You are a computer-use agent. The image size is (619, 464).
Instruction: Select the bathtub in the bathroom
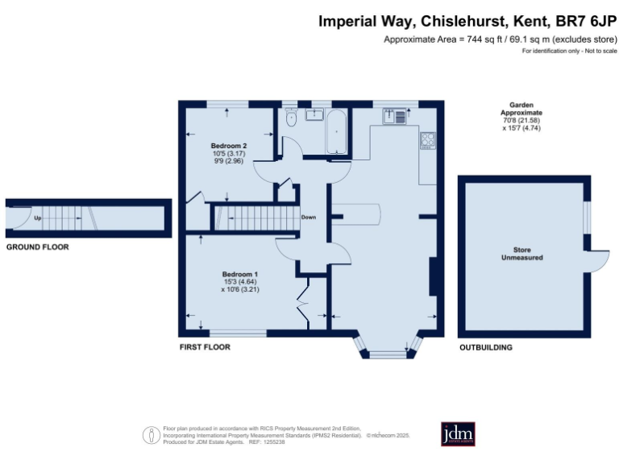(335, 131)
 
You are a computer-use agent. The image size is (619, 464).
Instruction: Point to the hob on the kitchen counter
(427, 140)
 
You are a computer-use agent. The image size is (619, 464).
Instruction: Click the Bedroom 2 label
(229, 146)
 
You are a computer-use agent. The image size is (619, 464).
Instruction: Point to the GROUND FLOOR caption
(37, 247)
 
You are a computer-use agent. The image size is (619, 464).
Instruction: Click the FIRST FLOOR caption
(205, 347)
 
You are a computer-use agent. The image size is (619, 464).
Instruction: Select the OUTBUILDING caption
(485, 347)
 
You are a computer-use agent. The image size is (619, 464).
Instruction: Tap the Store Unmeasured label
(523, 254)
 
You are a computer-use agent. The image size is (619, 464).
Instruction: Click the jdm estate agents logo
(458, 433)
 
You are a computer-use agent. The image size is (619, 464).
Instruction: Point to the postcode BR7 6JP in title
(586, 23)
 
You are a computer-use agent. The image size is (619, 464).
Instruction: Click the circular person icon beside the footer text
(151, 435)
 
